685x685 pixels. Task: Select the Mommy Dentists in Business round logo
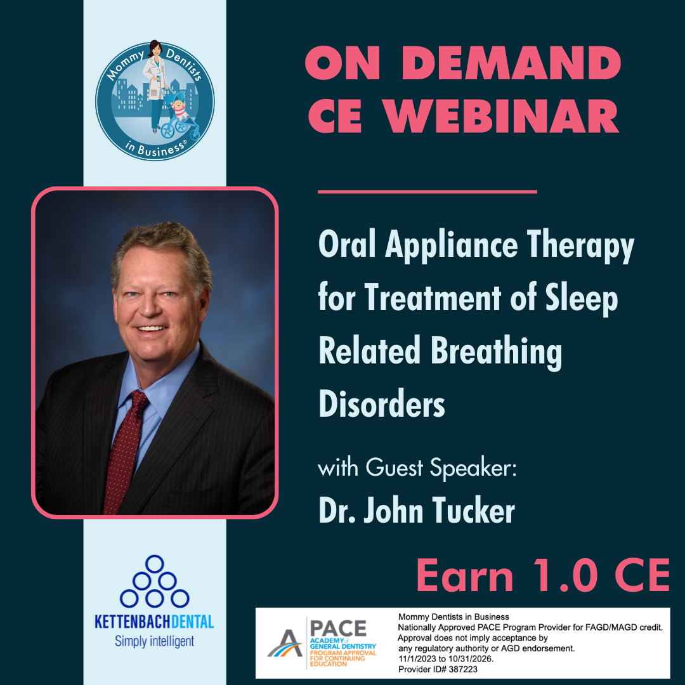[x=155, y=100]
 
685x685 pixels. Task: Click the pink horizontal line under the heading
[x=427, y=191]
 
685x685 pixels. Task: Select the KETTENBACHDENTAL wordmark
[x=154, y=621]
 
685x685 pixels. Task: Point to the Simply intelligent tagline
[x=154, y=641]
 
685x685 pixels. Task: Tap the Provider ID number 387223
[x=455, y=669]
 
